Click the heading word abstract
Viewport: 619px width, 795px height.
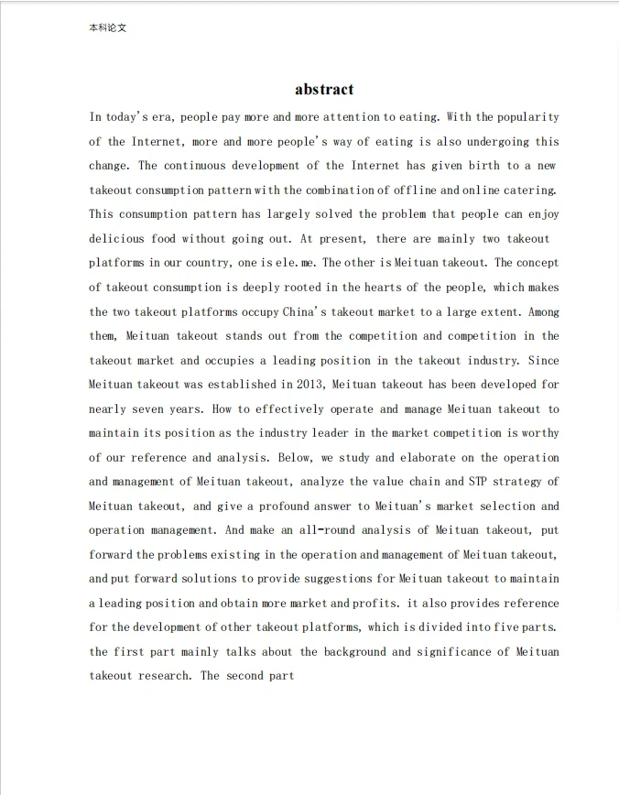(324, 89)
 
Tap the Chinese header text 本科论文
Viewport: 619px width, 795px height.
(108, 28)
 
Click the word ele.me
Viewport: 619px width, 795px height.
(292, 263)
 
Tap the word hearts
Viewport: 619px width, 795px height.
(388, 288)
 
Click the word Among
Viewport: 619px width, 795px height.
(541, 311)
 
